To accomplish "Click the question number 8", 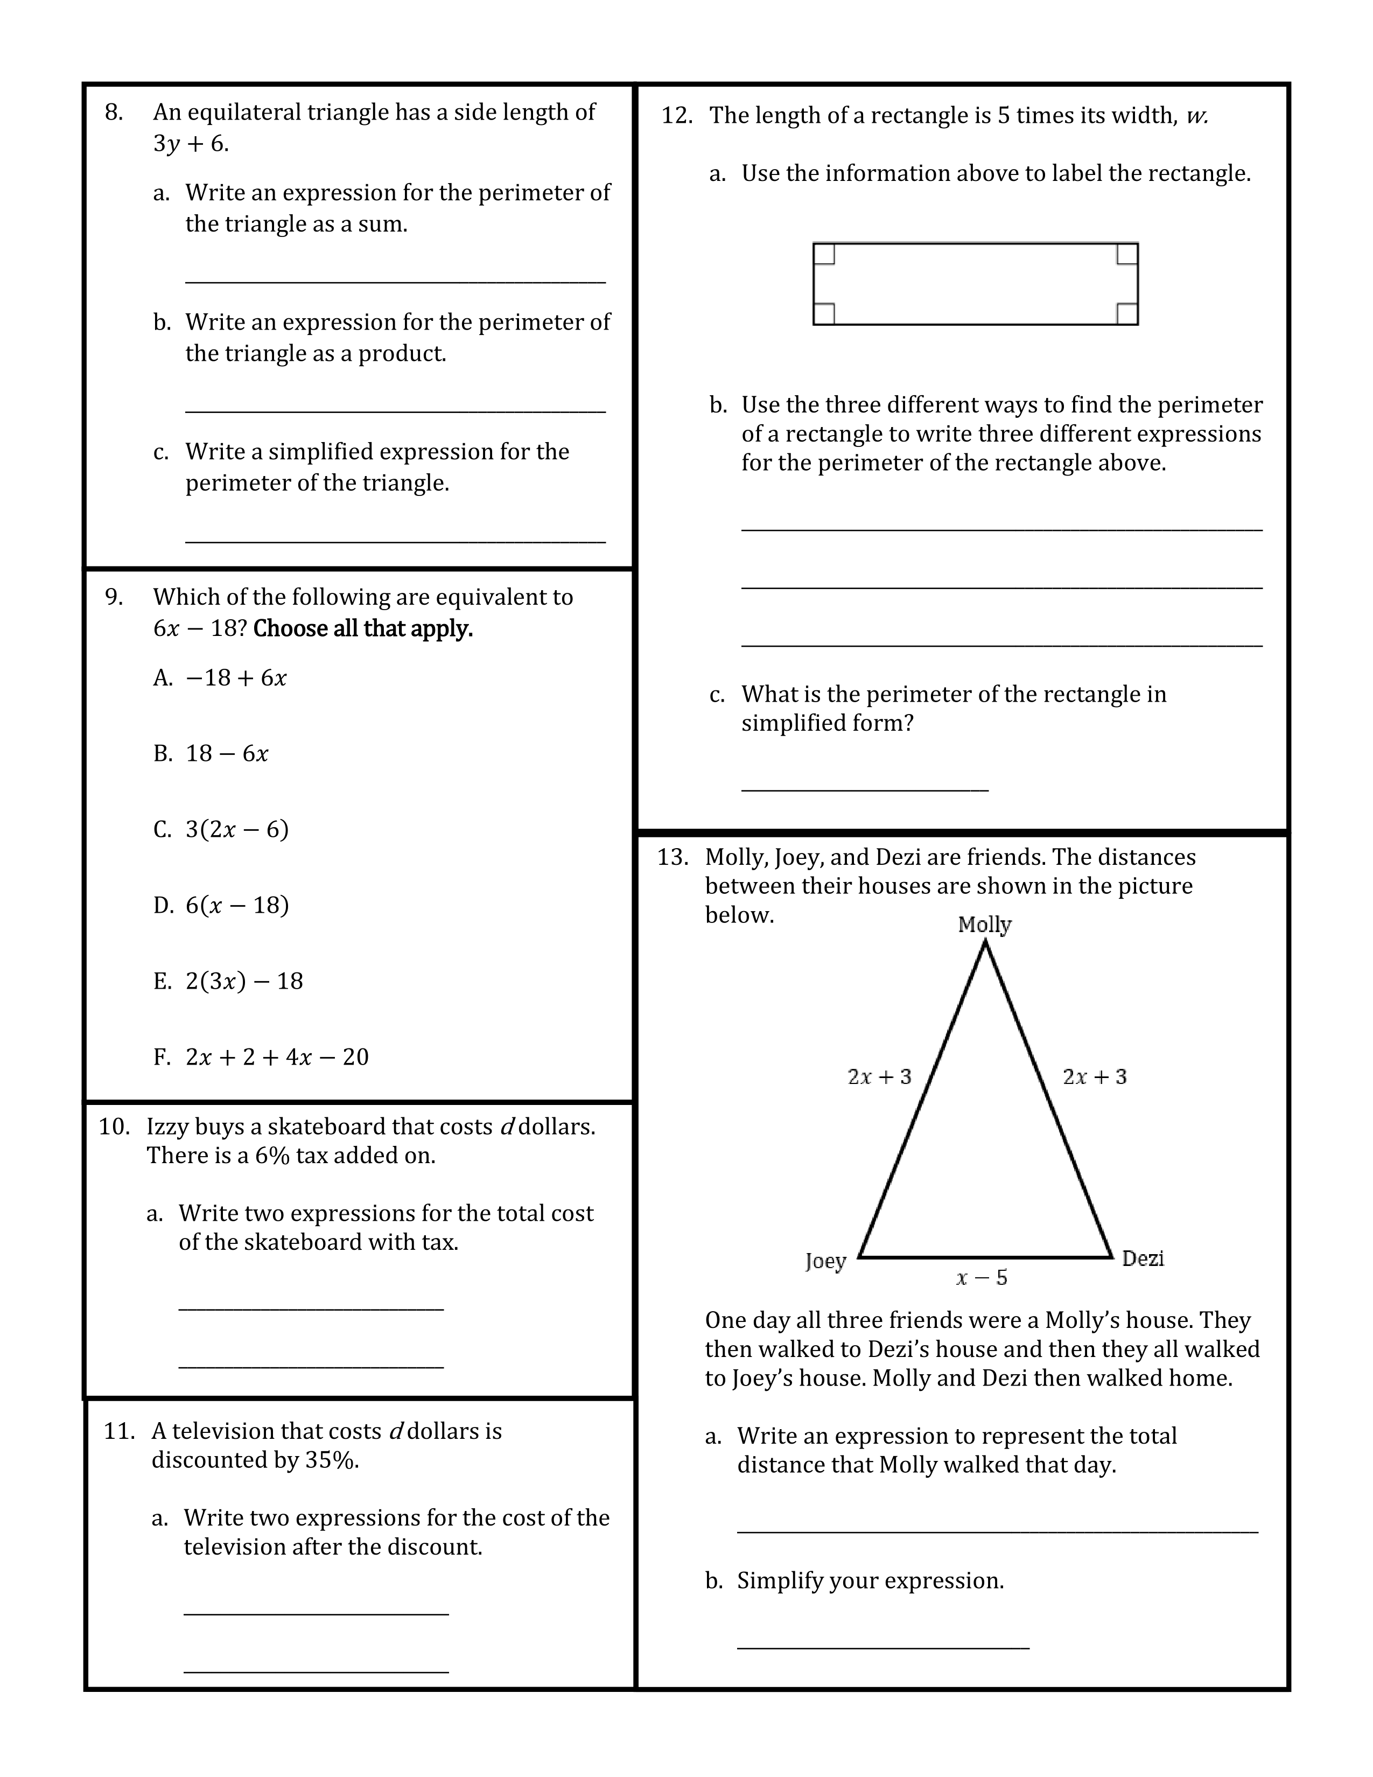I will click(x=114, y=113).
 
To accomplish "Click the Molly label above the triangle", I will click(x=984, y=925).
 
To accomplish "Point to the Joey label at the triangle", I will click(x=825, y=1261).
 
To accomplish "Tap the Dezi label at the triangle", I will click(x=1143, y=1259).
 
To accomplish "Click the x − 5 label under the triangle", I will click(x=982, y=1277).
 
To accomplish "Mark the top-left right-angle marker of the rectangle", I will click(x=824, y=254).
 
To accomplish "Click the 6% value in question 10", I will click(x=272, y=1156).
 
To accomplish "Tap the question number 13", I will click(x=673, y=858).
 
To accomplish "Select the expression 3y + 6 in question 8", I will click(x=190, y=144).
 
